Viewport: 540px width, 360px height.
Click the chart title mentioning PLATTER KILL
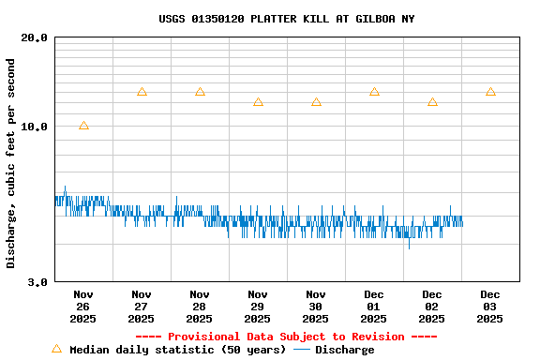coord(286,19)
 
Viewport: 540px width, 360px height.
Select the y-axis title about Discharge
coord(11,163)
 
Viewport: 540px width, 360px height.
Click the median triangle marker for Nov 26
coord(83,126)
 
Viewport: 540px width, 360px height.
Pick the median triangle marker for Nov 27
coord(142,92)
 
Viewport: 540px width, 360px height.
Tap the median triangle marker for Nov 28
coord(200,92)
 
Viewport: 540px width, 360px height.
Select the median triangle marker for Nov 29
coord(258,102)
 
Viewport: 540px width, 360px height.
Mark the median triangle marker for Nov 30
coord(316,102)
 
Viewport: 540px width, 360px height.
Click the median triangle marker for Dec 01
coord(374,92)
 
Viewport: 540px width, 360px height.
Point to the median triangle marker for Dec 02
coord(432,102)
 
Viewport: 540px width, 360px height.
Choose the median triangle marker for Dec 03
coord(490,92)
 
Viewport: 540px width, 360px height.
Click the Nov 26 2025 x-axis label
coord(83,306)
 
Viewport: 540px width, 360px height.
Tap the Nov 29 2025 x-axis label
coord(258,306)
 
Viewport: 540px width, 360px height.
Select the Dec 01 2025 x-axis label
coord(374,306)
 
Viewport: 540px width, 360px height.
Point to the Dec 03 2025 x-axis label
coord(490,306)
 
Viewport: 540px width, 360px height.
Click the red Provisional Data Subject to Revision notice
coord(286,337)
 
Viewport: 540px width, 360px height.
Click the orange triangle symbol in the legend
coord(56,349)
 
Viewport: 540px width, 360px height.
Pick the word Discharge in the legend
coord(344,350)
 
